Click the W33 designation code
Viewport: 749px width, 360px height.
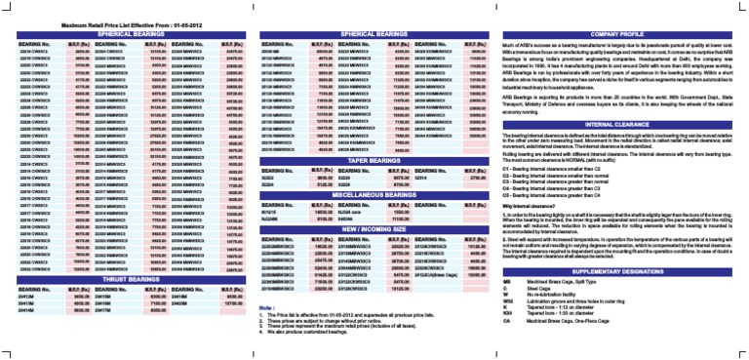[x=508, y=302]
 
